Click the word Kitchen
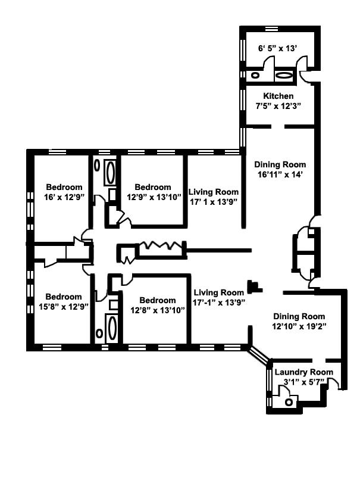point(278,96)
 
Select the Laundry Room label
point(303,372)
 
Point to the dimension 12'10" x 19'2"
point(299,326)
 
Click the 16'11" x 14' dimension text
point(280,175)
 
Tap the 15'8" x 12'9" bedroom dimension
point(64,307)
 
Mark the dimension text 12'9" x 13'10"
point(152,197)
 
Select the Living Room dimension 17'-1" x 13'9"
point(218,303)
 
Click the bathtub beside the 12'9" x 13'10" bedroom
point(110,173)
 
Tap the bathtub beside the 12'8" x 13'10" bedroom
point(111,328)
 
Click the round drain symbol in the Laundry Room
point(289,402)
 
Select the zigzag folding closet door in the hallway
point(159,245)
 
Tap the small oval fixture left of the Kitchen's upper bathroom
point(255,76)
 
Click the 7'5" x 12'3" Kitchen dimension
point(278,106)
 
